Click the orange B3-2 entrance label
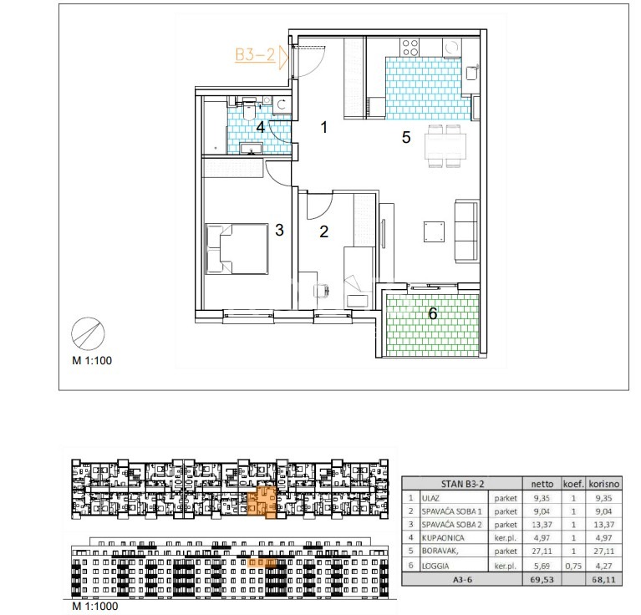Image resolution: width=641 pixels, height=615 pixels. pos(255,54)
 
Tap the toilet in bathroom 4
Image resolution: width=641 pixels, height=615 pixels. pos(249,110)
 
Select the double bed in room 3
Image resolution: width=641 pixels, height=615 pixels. pos(237,248)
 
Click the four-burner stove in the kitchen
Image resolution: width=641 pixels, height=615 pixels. pos(410,48)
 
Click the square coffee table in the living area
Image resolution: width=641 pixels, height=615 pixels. pos(434,231)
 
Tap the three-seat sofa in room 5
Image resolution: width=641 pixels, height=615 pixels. pos(466,231)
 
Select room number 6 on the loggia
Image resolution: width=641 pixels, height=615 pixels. pos(433,313)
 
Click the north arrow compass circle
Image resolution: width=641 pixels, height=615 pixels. pos(88,334)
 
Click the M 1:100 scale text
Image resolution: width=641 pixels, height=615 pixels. pos(92,360)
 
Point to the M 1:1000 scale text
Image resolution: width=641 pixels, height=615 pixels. pos(95,606)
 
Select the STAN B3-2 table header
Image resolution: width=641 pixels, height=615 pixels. pos(462,485)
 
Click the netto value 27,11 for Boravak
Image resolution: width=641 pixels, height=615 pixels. pos(542,551)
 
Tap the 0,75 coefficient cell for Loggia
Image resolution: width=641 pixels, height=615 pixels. pos(573,566)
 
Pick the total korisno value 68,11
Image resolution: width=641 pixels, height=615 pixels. pos(603,579)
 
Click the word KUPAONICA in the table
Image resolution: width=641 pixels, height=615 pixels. pos(443,538)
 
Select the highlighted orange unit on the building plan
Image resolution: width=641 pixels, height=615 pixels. pos(262,502)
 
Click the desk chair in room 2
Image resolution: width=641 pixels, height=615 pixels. pos(321,291)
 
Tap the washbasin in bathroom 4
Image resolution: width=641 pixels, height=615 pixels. pos(250,149)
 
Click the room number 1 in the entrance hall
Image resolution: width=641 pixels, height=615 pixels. pos(324,128)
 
